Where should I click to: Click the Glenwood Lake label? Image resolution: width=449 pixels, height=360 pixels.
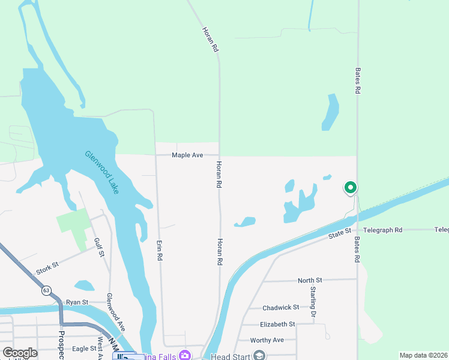pyautogui.click(x=101, y=172)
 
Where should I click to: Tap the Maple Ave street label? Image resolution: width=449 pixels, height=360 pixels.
pyautogui.click(x=187, y=155)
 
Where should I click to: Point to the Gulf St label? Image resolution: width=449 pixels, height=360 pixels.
pyautogui.click(x=98, y=247)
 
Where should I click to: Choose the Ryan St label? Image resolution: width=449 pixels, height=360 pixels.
pyautogui.click(x=77, y=302)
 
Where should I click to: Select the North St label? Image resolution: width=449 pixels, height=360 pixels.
pyautogui.click(x=310, y=280)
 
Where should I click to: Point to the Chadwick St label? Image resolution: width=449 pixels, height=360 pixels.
pyautogui.click(x=281, y=307)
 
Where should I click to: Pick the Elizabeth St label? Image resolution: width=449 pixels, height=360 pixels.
pyautogui.click(x=277, y=324)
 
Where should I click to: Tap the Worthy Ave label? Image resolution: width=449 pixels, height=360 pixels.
pyautogui.click(x=268, y=340)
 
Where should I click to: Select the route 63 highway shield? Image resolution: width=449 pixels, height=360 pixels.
pyautogui.click(x=46, y=290)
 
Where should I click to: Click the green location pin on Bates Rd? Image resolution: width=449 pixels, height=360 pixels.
pyautogui.click(x=351, y=188)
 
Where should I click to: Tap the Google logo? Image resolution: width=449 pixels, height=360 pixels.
pyautogui.click(x=20, y=353)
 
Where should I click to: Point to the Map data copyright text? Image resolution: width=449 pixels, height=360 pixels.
pyautogui.click(x=424, y=355)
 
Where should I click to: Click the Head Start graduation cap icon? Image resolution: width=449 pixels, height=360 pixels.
pyautogui.click(x=259, y=356)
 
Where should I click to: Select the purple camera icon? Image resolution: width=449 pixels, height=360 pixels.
pyautogui.click(x=185, y=355)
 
